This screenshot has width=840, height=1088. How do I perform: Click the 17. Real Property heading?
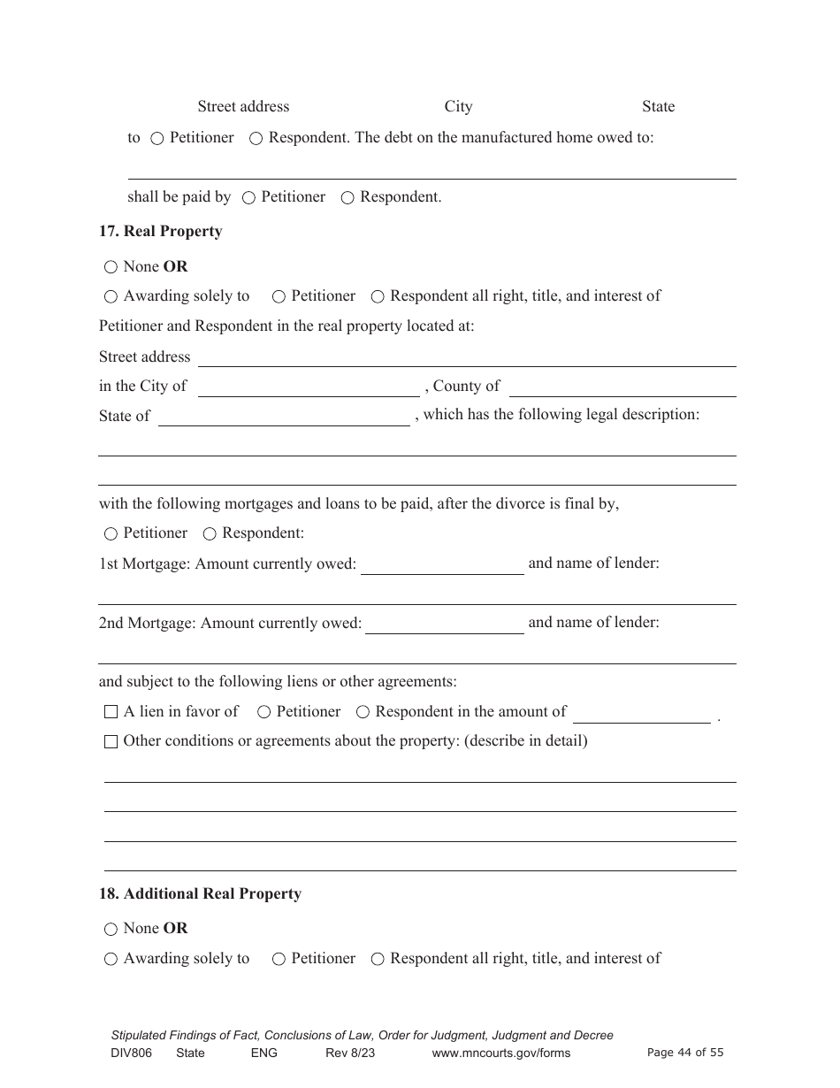160,232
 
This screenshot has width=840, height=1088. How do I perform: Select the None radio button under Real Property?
111,267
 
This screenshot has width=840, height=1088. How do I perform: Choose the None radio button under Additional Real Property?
111,929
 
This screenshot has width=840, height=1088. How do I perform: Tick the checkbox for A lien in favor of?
111,712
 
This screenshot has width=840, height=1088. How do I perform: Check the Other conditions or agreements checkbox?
111,741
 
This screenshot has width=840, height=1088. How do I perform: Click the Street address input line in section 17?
467,357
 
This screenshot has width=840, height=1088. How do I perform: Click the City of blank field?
309,387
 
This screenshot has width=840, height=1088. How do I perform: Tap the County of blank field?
622,387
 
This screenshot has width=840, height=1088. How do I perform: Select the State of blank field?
284,417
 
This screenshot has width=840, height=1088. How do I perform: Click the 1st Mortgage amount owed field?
442,565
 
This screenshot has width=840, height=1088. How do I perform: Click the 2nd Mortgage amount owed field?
445,624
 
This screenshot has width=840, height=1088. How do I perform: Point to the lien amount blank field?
641,714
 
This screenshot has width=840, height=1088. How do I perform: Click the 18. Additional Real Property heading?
200,894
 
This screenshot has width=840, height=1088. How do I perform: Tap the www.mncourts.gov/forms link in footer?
500,1053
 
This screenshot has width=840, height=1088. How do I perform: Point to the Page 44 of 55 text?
685,1053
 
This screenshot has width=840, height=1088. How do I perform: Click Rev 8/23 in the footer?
350,1053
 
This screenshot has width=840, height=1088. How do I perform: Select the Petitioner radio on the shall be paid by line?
248,198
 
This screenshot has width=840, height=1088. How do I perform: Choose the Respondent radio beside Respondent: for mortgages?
210,534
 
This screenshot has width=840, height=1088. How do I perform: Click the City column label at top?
458,107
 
